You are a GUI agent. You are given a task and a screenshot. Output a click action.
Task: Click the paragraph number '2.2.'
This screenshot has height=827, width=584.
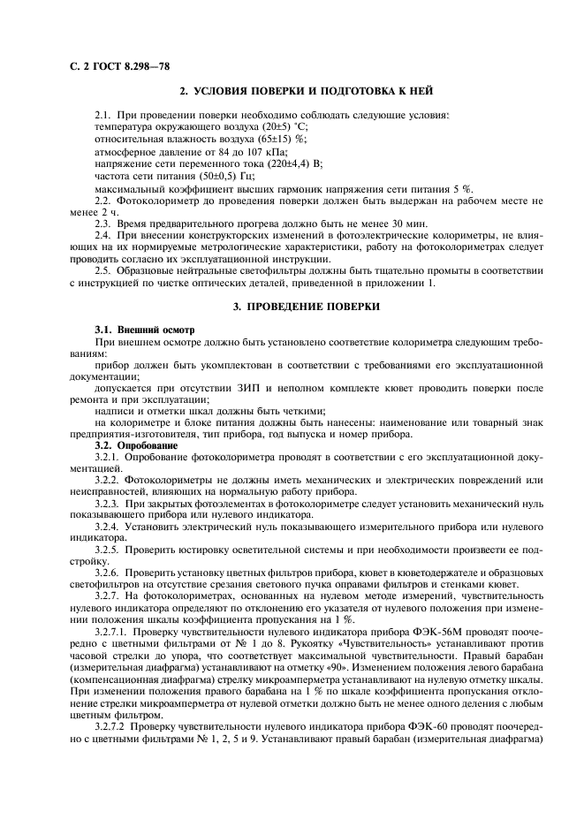[x=104, y=201]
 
